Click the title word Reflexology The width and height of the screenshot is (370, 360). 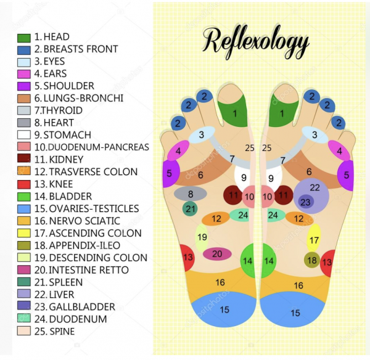[256, 43]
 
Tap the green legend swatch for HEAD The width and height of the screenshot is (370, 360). [24, 38]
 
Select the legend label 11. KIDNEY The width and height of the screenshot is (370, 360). [59, 160]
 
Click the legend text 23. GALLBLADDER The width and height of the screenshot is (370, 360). [75, 307]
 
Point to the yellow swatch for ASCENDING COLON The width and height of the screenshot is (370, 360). [24, 233]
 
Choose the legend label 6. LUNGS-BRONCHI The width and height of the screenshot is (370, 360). [79, 98]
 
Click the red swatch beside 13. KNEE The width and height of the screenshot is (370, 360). [24, 184]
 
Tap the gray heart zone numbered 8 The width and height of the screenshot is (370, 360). [191, 194]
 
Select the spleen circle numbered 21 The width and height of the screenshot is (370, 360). [190, 208]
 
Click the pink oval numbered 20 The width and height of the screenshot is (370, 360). [217, 254]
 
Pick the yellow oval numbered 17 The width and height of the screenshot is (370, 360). [314, 238]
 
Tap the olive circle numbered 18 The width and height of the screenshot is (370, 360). [311, 260]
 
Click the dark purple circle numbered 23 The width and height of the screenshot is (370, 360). [306, 202]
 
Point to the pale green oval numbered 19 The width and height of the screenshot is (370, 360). [202, 238]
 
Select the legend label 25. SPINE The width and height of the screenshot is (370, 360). [54, 331]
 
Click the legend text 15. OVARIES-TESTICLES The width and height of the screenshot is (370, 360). [86, 208]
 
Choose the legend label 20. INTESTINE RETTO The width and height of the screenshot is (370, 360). [81, 270]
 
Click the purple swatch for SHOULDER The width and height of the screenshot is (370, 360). [24, 86]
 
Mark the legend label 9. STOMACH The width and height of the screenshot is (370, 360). [63, 135]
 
